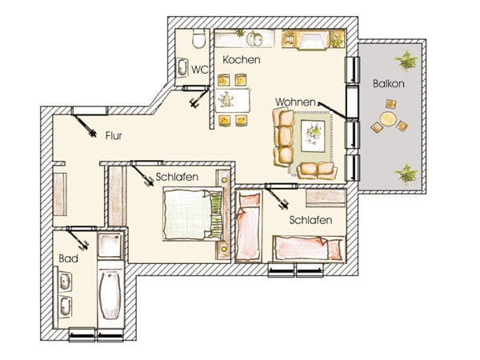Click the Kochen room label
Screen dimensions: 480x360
point(242,60)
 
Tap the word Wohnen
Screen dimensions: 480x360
point(295,102)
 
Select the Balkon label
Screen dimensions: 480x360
point(389,84)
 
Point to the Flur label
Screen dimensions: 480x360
point(114,136)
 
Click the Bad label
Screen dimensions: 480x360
point(68,258)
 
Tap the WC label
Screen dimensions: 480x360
point(199,70)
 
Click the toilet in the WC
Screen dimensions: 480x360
point(198,38)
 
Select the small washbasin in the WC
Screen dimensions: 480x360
point(182,67)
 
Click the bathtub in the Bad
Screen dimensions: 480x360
point(110,294)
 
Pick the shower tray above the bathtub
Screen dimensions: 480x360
point(110,246)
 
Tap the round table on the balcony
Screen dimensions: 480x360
point(388,118)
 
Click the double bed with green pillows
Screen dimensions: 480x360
point(193,214)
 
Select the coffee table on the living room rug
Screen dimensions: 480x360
point(313,136)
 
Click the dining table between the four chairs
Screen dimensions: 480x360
point(232,100)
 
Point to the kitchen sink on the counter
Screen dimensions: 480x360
point(254,38)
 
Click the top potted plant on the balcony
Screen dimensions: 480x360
point(406,61)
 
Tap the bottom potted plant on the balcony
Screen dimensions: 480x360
point(406,174)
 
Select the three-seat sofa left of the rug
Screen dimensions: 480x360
point(283,138)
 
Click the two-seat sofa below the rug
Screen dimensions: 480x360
point(317,170)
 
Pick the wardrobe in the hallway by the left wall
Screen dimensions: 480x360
point(60,194)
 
